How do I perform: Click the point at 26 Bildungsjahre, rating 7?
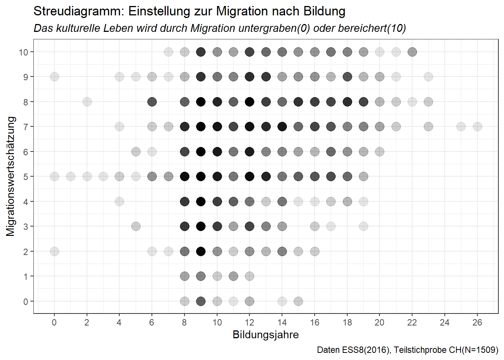477,127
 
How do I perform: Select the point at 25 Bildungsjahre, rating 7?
461,127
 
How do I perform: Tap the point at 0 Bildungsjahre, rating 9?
54,77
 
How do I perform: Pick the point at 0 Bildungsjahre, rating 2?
54,251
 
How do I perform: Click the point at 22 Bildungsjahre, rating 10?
412,52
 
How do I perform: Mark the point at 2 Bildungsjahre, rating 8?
87,102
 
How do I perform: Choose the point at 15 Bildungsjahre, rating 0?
298,301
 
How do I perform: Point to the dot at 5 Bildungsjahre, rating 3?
136,226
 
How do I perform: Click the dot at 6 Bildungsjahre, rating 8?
152,102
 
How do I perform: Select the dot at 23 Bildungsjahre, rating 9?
428,77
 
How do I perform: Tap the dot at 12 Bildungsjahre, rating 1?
249,276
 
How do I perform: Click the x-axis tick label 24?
444,322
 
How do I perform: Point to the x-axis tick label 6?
152,322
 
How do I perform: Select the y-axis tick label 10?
23,52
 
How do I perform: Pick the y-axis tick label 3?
25,226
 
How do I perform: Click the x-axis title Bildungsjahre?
265,335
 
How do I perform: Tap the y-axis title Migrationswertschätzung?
11,176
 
